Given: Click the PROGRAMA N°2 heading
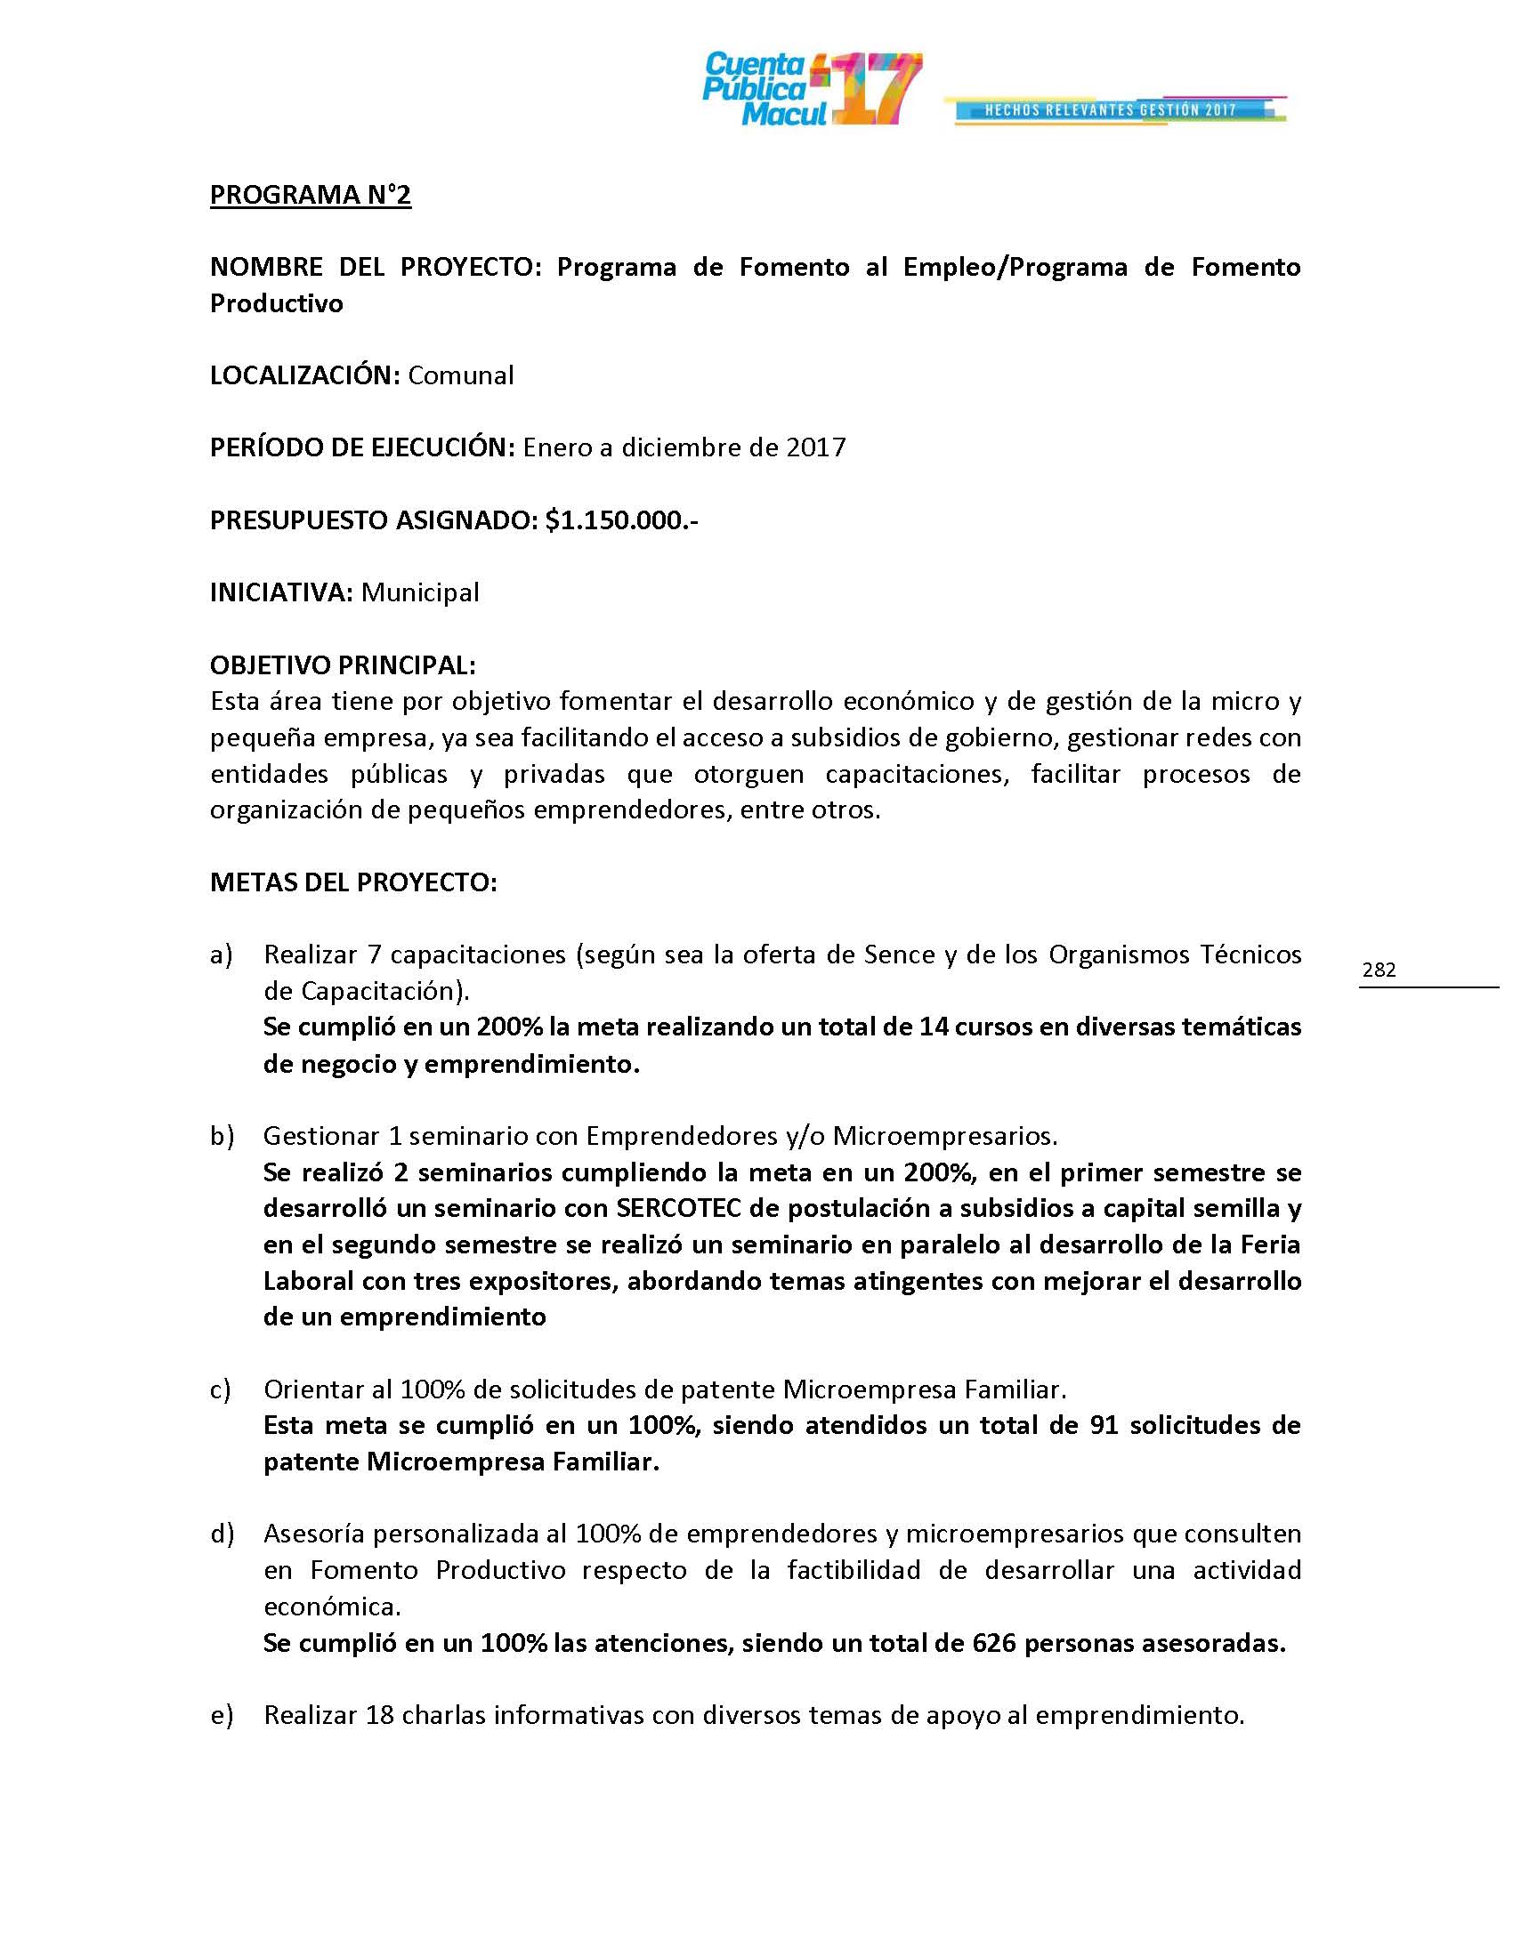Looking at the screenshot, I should tap(310, 195).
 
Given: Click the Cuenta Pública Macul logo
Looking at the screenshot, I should tap(811, 90).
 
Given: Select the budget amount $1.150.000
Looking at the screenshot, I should tap(620, 519).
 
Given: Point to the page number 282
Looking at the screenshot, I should tap(1379, 970).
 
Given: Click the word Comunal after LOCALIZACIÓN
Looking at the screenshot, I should tap(461, 374).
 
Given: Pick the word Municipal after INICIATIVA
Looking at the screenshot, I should tap(419, 592).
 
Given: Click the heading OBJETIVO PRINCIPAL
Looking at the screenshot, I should tap(343, 664).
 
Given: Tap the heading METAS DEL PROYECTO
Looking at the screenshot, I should tap(353, 882).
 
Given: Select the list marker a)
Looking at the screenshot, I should tap(221, 955).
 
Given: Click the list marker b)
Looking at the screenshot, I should tap(222, 1136).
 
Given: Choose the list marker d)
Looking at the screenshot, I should tap(222, 1534).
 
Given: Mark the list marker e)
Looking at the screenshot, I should tap(221, 1715).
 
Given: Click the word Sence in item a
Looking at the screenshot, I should tap(898, 955).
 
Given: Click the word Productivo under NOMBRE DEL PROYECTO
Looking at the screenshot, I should tap(276, 302).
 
